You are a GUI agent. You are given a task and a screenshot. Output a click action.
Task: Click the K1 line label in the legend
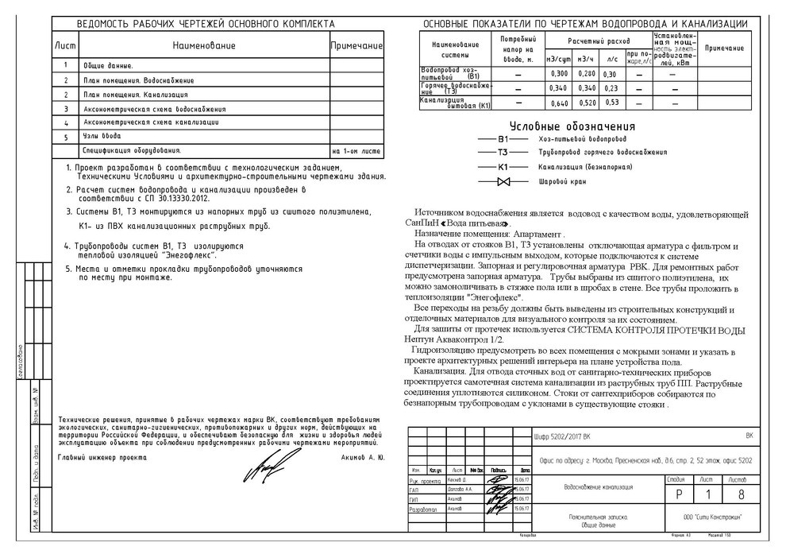coord(503,168)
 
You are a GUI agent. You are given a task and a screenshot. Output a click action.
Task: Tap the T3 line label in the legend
coord(503,153)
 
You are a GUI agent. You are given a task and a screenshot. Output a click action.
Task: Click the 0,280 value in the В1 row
coord(586,74)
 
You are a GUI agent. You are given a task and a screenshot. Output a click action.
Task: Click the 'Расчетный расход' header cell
coord(599,40)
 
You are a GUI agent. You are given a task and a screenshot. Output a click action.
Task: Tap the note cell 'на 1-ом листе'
coord(356,150)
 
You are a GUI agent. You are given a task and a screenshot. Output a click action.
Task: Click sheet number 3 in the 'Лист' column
coord(66,109)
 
